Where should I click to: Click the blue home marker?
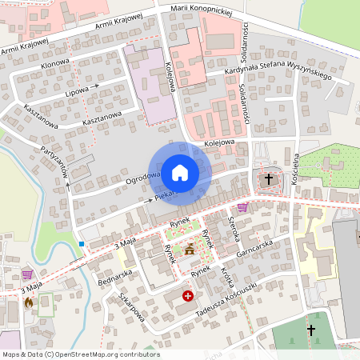pos(180,172)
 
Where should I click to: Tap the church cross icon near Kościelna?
pos(269,180)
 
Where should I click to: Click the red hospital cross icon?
pos(187,295)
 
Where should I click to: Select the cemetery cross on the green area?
pos(311,330)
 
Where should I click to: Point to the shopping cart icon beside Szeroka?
pos(242,207)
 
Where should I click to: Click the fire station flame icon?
pos(30,302)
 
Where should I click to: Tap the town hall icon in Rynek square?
pos(190,250)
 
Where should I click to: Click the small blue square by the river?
pos(82,243)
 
